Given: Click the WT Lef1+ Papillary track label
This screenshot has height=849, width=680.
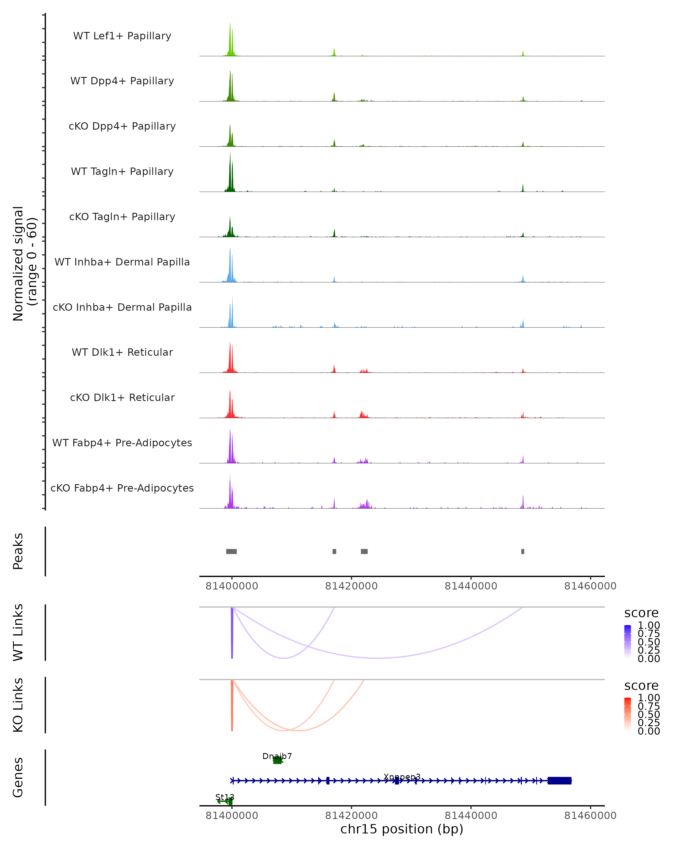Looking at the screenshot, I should point(122,36).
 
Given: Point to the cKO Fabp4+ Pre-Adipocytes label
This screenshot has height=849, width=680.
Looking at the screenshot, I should point(122,488).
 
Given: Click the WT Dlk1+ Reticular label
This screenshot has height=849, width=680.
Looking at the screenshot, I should point(122,352).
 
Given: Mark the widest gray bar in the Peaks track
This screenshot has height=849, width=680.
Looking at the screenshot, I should point(231,551).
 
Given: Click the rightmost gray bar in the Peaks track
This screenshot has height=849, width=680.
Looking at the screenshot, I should point(523,551).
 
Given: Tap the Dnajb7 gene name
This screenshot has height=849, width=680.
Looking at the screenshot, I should point(277,756).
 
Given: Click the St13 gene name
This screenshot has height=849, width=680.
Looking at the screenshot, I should point(225,797).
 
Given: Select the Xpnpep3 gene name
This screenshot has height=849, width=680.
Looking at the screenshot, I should point(402,777).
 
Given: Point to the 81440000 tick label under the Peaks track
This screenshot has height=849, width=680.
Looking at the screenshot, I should point(471,586).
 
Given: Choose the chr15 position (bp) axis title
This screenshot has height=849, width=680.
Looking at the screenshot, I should point(402,829).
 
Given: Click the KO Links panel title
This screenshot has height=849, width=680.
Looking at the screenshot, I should point(18,705).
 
